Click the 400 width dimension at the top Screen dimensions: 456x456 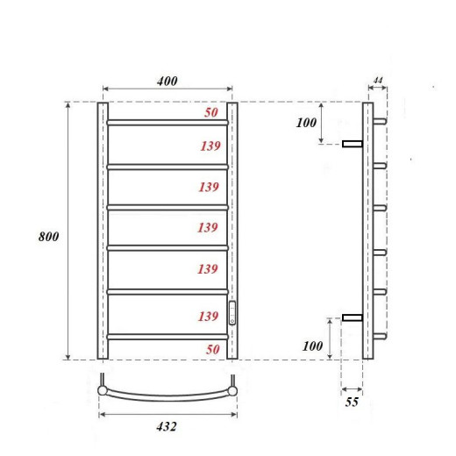pyautogui.click(x=167, y=81)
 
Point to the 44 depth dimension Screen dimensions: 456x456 pyautogui.click(x=378, y=81)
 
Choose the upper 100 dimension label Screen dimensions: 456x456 pyautogui.click(x=306, y=123)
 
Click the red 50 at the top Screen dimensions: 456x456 pyautogui.click(x=211, y=112)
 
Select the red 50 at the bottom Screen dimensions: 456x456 pyautogui.click(x=211, y=349)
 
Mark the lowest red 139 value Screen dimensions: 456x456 pyautogui.click(x=208, y=316)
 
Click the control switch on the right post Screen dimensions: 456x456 pyautogui.click(x=232, y=312)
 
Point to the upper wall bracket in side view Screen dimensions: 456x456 pyautogui.click(x=352, y=143)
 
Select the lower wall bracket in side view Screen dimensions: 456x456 pyautogui.click(x=352, y=317)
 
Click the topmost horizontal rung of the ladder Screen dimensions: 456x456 pyautogui.click(x=167, y=122)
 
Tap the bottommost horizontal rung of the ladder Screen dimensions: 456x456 pyautogui.click(x=167, y=336)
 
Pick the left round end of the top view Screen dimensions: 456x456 pyautogui.click(x=103, y=390)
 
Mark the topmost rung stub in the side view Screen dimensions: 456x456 pyautogui.click(x=379, y=121)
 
